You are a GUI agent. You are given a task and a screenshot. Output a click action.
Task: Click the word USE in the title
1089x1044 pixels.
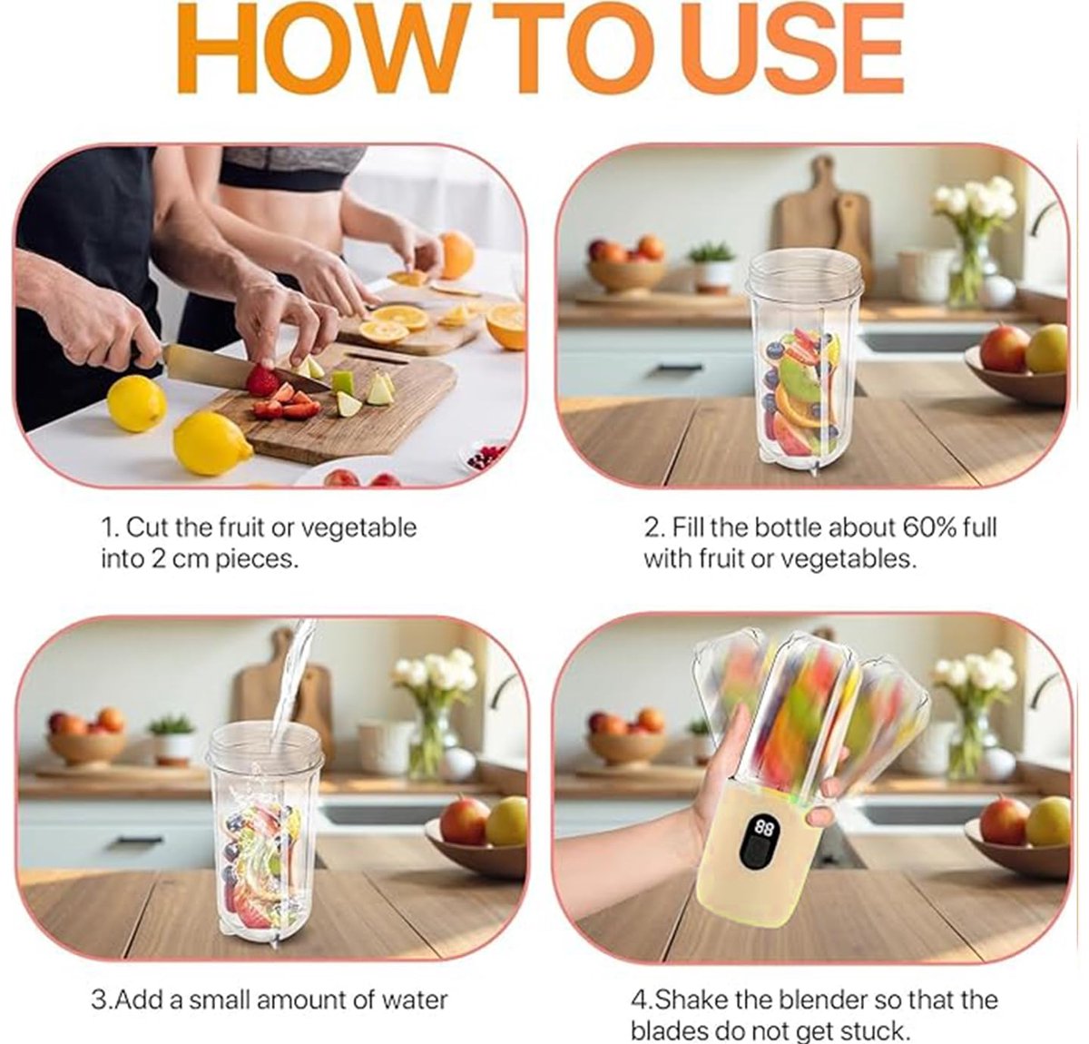click(792, 49)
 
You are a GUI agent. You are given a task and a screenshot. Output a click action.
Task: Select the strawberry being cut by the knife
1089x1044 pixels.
click(262, 379)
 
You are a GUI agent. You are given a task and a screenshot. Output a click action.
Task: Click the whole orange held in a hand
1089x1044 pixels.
click(456, 255)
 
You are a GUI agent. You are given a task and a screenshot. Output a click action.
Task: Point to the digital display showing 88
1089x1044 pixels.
click(763, 828)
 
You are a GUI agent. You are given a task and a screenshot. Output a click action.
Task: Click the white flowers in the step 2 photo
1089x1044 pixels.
click(975, 200)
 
